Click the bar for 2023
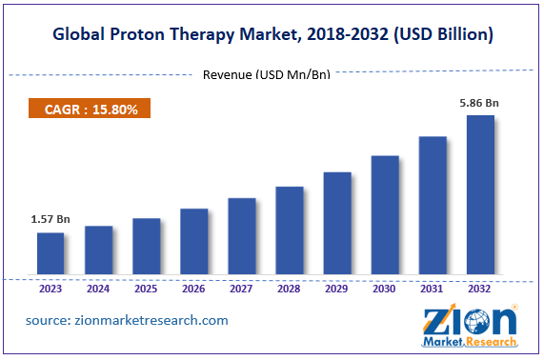click(50, 253)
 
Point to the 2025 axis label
click(146, 289)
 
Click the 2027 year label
click(241, 289)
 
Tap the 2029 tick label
click(336, 289)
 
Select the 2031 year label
click(432, 289)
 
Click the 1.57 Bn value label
click(50, 220)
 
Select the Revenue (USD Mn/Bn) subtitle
click(267, 75)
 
